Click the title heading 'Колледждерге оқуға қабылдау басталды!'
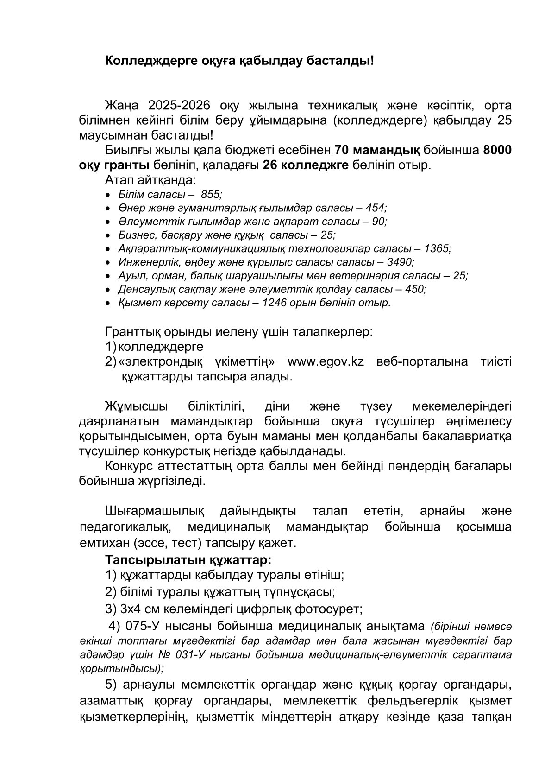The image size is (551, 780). pyautogui.click(x=239, y=60)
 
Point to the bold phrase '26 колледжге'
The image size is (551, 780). pyautogui.click(x=305, y=165)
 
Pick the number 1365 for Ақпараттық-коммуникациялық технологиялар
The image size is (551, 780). pyautogui.click(x=437, y=248)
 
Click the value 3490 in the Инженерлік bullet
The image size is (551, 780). pyautogui.click(x=400, y=262)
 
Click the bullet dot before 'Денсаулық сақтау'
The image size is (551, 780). pyautogui.click(x=108, y=290)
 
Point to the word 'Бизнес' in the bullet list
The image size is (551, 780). pyautogui.click(x=135, y=235)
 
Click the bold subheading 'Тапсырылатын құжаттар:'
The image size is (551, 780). pyautogui.click(x=188, y=560)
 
